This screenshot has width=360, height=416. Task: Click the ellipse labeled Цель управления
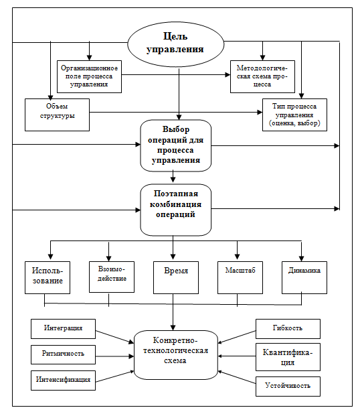click(x=176, y=44)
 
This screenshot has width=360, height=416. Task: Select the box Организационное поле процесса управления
click(x=90, y=76)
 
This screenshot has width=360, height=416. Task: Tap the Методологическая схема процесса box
click(x=262, y=76)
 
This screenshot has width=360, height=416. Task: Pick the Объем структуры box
click(x=58, y=115)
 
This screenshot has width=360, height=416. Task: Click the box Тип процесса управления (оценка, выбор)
click(x=294, y=115)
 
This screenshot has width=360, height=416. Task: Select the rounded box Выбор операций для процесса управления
click(x=176, y=145)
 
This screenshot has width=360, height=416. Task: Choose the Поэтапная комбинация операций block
click(x=176, y=210)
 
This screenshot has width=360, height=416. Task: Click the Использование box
click(x=48, y=277)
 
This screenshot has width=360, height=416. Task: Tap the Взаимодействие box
click(x=112, y=277)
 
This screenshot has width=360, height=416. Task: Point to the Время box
click(x=176, y=277)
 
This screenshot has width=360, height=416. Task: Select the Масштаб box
click(x=240, y=277)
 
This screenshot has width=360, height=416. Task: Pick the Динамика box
click(x=304, y=277)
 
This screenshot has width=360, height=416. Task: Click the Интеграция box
click(x=63, y=329)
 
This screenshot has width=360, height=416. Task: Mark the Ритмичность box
click(x=63, y=354)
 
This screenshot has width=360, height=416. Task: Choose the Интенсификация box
click(x=63, y=380)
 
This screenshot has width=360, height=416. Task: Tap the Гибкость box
click(x=288, y=329)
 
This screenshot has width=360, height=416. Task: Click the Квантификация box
click(x=288, y=357)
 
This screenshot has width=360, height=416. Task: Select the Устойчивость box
click(x=288, y=387)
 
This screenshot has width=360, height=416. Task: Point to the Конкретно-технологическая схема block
click(x=176, y=355)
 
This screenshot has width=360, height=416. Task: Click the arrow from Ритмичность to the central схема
click(x=114, y=356)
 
